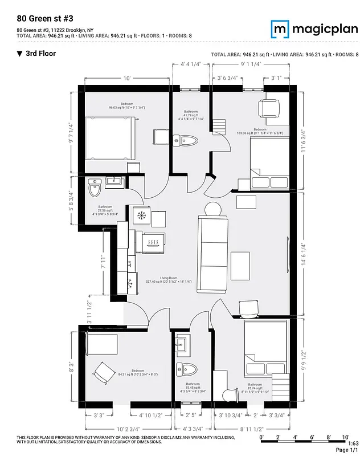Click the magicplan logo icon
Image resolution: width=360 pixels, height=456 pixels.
tap(280, 28)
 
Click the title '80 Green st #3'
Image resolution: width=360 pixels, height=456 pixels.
tap(40, 18)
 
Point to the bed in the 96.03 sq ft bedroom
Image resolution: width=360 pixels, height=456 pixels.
tap(111, 139)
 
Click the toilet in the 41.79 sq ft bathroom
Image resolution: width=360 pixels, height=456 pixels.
tap(186, 140)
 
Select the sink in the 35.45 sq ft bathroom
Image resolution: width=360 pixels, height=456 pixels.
tap(182, 344)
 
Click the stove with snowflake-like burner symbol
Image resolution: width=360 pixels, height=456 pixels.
tap(141, 215)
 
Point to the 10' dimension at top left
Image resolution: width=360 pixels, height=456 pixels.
tap(127, 78)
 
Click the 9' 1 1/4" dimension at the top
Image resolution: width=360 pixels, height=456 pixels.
tap(251, 64)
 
